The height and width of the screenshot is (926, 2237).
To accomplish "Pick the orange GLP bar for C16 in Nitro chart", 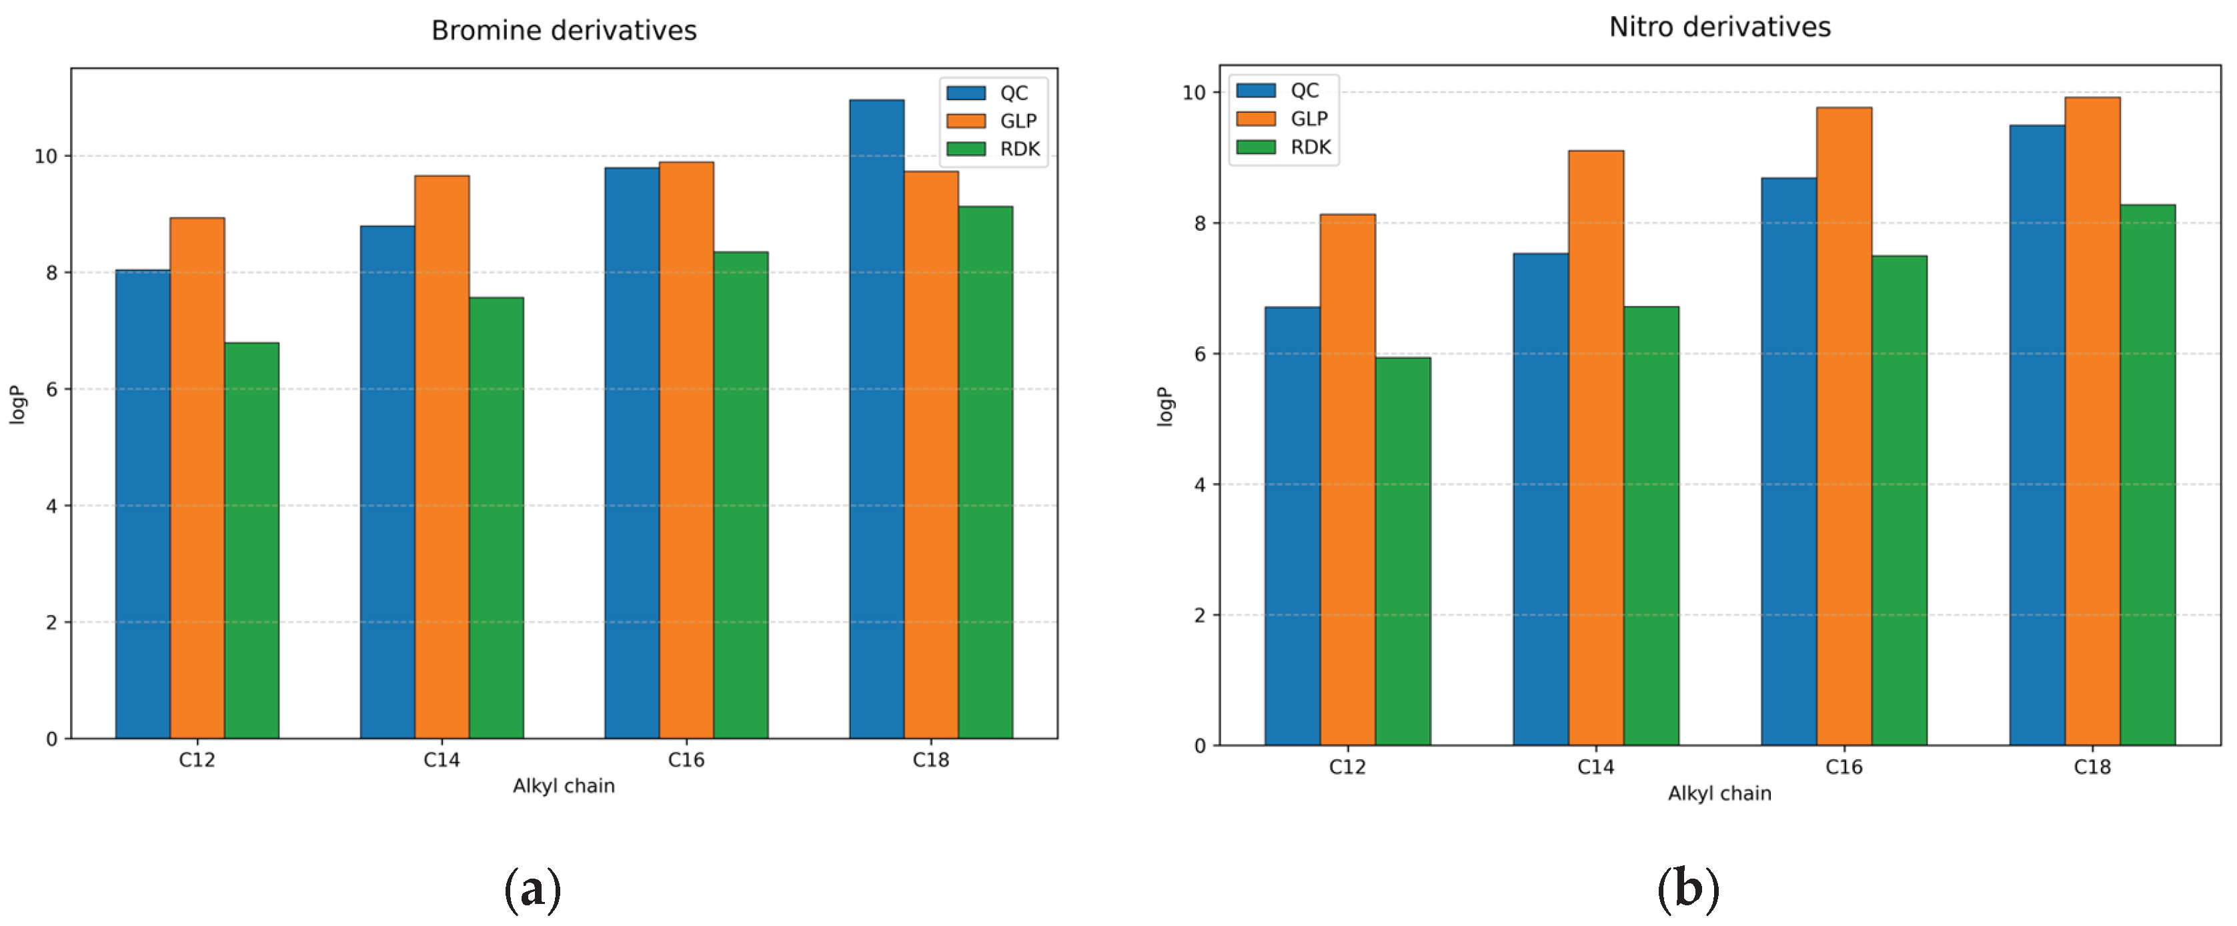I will [1843, 426].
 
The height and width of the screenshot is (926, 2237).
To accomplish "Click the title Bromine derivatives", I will [564, 31].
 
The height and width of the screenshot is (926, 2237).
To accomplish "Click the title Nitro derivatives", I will [1719, 27].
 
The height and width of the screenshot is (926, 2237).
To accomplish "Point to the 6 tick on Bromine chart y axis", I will [51, 389].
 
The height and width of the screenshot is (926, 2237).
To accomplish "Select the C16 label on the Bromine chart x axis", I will [686, 759].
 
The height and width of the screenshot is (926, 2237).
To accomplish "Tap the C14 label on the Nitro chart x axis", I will [1595, 766].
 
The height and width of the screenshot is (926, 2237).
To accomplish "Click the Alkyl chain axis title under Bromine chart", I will [564, 785].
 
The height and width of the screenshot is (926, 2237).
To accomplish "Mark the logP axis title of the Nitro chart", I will [1165, 406].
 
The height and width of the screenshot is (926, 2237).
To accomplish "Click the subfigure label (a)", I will [532, 889].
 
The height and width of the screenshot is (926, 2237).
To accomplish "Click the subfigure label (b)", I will [1687, 889].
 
